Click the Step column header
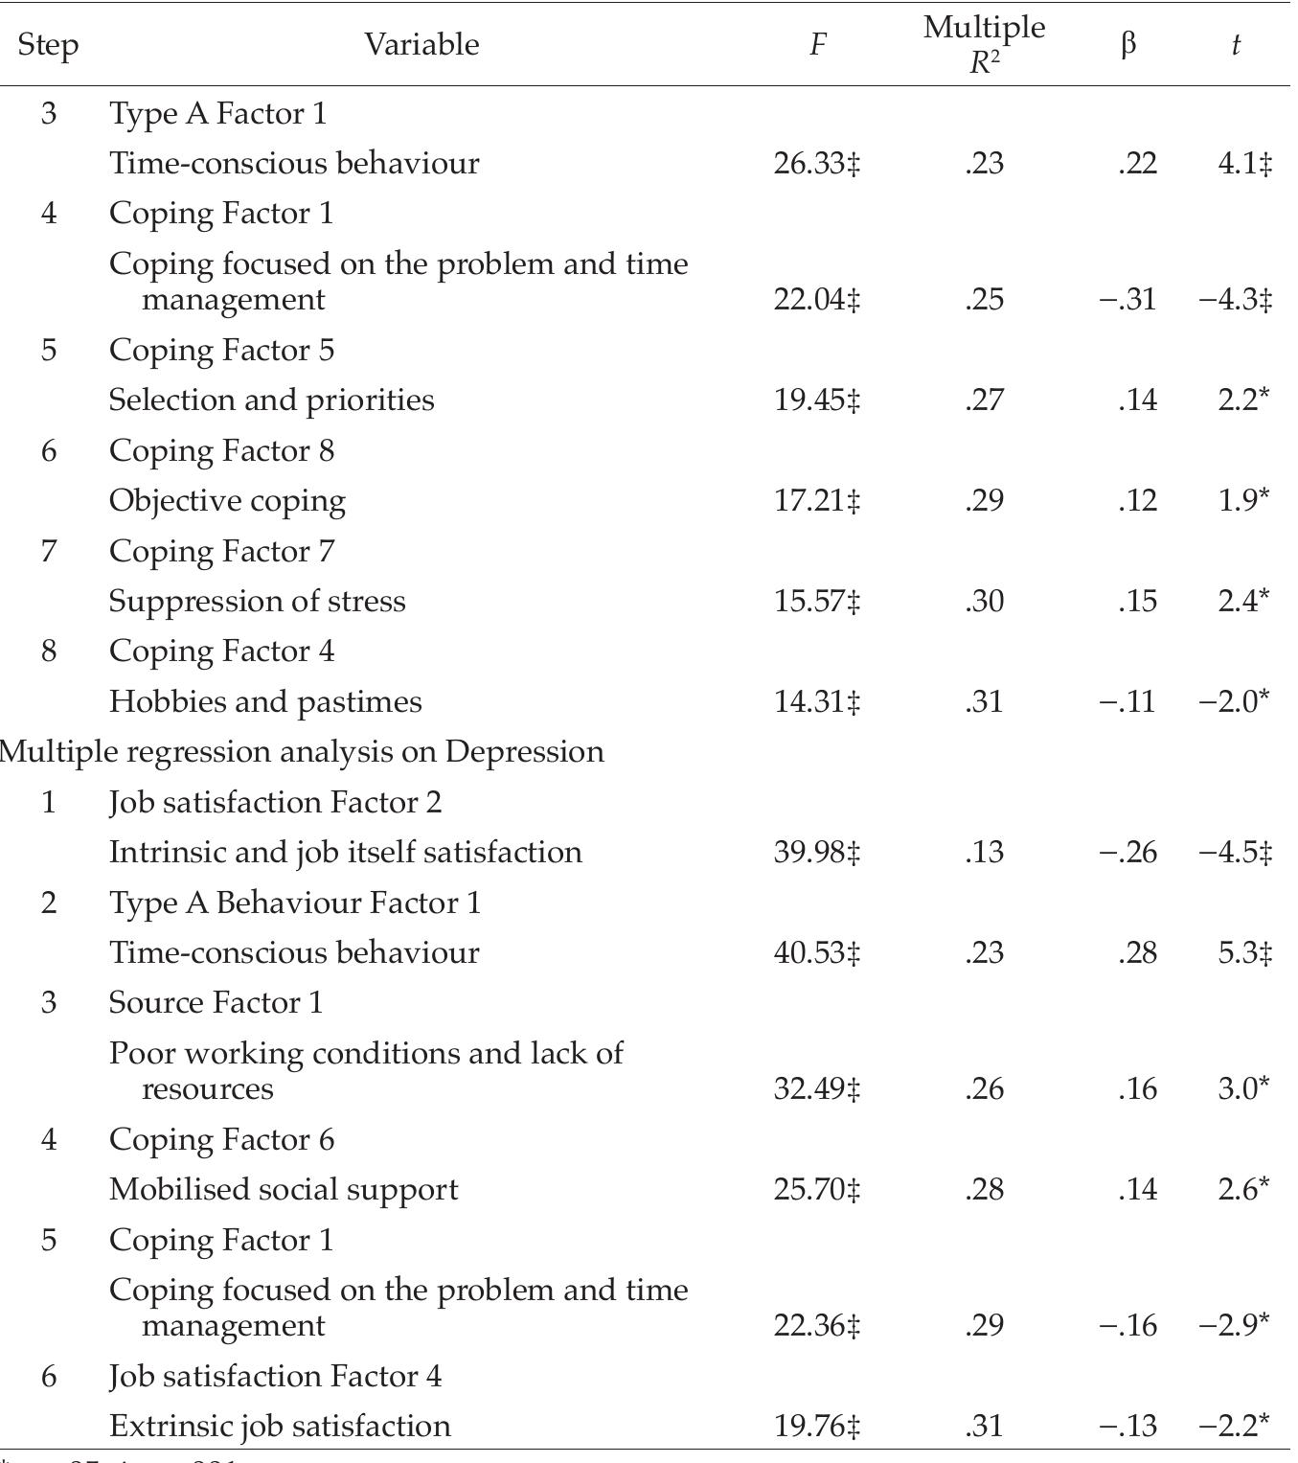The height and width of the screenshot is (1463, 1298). pos(48,45)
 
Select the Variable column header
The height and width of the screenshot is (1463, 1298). pos(421,44)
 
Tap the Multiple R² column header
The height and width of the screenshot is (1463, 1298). pos(984,44)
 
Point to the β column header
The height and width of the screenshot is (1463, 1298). pos(1128,44)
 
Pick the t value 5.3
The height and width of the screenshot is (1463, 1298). pos(1244,953)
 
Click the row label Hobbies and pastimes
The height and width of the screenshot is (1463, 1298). pos(265,702)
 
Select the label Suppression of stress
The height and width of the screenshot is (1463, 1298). pos(258,602)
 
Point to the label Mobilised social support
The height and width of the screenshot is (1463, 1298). pos(284,1190)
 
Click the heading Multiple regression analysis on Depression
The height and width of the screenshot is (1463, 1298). pos(303,752)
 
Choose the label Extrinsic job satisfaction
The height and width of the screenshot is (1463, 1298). pos(280,1427)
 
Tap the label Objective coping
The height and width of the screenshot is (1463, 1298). pos(227,501)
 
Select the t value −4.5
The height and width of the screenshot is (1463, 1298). pos(1235,853)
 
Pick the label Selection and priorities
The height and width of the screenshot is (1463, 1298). pos(271,400)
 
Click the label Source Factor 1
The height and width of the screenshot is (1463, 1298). pos(216,1003)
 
